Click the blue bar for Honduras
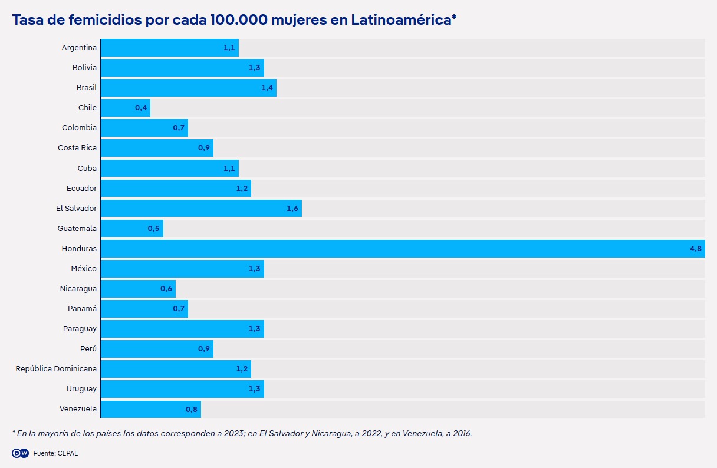[x=403, y=249]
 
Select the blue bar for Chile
[x=126, y=108]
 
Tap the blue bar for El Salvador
[x=201, y=209]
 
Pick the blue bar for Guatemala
[x=132, y=229]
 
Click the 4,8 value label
[x=696, y=249]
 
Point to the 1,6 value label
[x=292, y=209]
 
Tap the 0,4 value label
[x=141, y=108]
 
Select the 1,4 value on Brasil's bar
[x=267, y=88]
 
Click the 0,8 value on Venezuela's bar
[x=192, y=409]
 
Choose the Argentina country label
[x=79, y=48]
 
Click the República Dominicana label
[x=57, y=369]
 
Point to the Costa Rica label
[x=77, y=148]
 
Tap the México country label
[x=84, y=269]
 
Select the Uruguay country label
[x=81, y=389]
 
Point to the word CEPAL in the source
[x=68, y=453]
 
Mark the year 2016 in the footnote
[x=461, y=433]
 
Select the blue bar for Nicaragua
[x=138, y=289]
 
